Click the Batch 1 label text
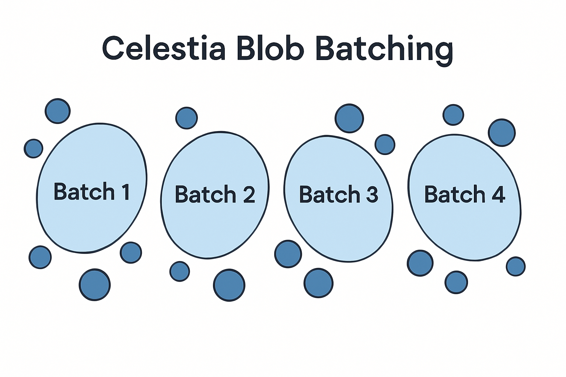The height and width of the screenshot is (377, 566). [91, 191]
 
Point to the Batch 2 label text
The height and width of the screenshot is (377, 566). [215, 194]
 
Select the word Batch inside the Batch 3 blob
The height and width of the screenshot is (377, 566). [329, 194]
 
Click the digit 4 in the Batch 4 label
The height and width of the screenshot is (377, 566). [498, 194]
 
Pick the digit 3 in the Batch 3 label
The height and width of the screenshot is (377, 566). [372, 194]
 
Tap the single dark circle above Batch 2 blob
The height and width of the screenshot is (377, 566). [186, 118]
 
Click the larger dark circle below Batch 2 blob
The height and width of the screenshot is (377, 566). [229, 285]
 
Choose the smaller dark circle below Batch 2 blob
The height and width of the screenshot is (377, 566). [179, 272]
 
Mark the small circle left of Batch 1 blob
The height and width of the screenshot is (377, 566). [34, 148]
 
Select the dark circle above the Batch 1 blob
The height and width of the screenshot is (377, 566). [57, 111]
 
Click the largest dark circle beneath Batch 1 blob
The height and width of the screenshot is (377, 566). [95, 285]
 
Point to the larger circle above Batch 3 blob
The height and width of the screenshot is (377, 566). [349, 118]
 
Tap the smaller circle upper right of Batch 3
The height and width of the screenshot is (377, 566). [385, 144]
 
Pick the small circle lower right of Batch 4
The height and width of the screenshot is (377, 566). [516, 266]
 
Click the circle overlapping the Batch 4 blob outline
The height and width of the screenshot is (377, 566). [502, 133]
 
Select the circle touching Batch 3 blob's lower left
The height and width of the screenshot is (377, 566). [288, 254]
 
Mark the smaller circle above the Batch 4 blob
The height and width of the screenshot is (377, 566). [453, 115]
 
